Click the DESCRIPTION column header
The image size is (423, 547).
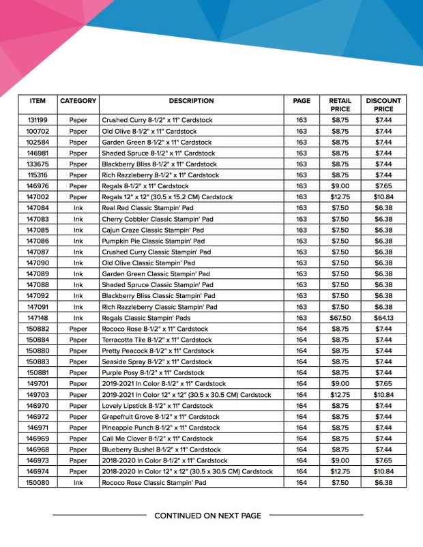[x=191, y=101]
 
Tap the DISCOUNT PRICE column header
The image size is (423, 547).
[x=383, y=105]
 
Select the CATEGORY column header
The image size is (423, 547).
[x=78, y=101]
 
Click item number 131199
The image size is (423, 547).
[x=38, y=120]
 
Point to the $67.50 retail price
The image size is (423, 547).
[x=340, y=318]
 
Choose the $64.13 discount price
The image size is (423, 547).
[x=383, y=318]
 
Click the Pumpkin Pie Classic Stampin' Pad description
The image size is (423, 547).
[x=153, y=241]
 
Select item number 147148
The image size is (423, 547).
[x=38, y=318]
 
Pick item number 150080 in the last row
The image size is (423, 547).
[x=38, y=483]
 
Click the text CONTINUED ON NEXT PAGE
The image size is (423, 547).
[x=207, y=516]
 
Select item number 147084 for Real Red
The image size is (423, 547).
[x=38, y=208]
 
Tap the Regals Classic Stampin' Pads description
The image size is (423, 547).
[x=150, y=318]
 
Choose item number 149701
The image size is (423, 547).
[x=38, y=383]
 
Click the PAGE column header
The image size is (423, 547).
[x=302, y=101]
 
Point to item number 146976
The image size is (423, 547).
[x=38, y=186]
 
